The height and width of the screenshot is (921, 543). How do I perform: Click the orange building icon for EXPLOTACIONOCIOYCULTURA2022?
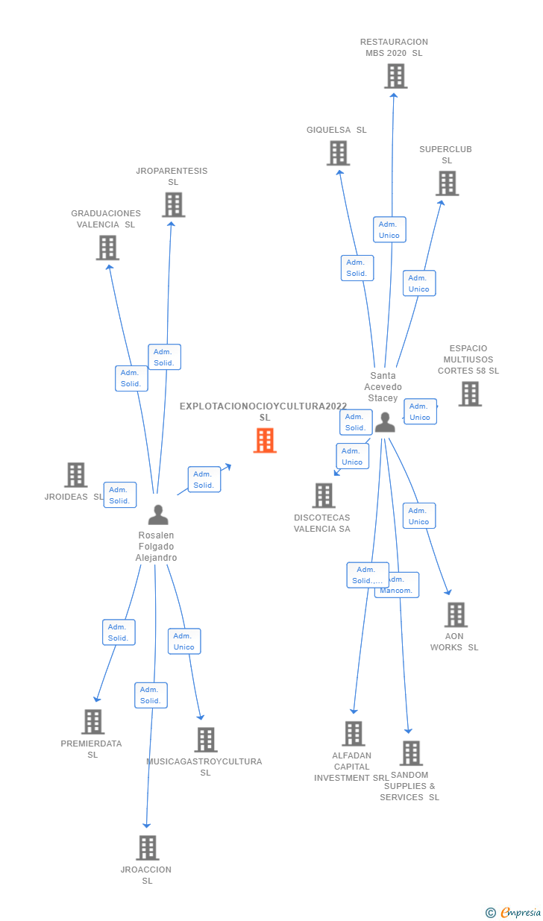[265, 440]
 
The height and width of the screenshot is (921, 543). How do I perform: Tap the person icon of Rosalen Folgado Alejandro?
[158, 515]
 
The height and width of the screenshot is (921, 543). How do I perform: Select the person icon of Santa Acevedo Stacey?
[385, 422]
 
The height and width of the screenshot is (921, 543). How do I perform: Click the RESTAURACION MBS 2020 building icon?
[395, 76]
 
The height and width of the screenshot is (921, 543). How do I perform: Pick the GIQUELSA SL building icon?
[339, 153]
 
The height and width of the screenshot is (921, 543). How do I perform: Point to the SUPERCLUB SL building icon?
[447, 183]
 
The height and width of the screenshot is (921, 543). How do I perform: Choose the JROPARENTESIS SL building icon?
[173, 204]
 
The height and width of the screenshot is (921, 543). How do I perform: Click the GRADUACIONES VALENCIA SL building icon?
[107, 248]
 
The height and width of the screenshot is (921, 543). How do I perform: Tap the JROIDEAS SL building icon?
[75, 475]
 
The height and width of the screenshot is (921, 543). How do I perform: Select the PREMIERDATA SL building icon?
[92, 722]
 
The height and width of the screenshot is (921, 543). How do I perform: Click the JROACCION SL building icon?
[148, 848]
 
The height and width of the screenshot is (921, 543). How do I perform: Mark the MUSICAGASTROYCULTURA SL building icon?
[206, 740]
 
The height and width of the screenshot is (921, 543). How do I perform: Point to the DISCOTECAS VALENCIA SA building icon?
[324, 495]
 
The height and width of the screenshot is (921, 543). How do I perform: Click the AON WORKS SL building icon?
[456, 614]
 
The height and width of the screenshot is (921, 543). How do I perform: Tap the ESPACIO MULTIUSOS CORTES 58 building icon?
[470, 394]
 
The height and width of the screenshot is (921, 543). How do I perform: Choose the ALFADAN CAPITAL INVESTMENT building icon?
[354, 734]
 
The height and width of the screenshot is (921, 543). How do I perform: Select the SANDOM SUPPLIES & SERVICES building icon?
[411, 753]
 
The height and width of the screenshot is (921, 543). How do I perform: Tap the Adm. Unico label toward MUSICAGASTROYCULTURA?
[184, 641]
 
